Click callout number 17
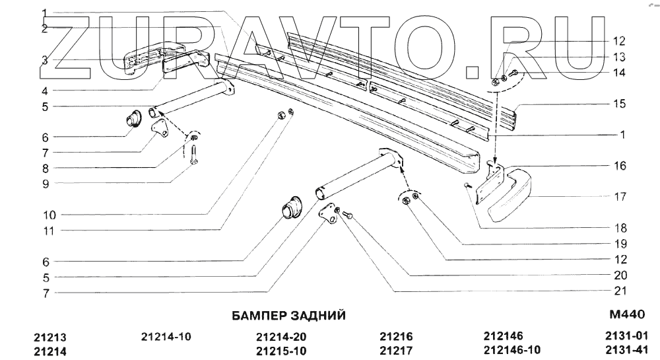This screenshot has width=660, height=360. coord(620,196)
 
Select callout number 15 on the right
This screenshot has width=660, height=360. coord(620,104)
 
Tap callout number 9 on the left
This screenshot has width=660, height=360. coord(45,183)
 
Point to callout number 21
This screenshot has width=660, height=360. coord(620,291)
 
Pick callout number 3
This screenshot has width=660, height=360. coord(45,60)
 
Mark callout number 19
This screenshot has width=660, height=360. coord(620,244)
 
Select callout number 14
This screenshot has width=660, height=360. coord(620,73)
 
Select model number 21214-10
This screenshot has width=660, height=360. coord(166,336)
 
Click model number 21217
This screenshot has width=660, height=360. coord(396,351)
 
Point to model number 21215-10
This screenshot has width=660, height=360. coord(281,351)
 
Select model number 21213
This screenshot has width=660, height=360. coord(50,336)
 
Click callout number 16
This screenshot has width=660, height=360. coord(620,165)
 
